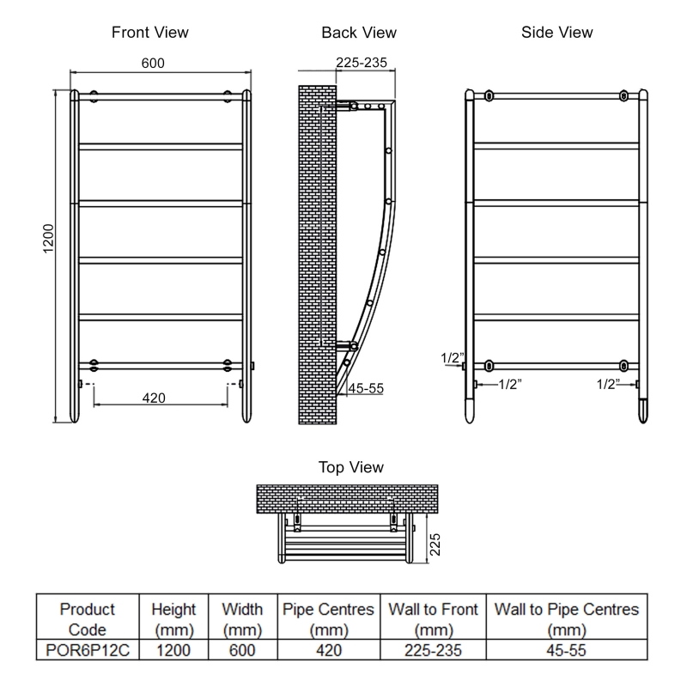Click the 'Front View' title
tap(150, 33)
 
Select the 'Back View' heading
tap(359, 33)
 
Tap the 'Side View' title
tap(556, 33)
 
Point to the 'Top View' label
tap(351, 467)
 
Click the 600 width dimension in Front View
tap(152, 64)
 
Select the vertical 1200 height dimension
tap(48, 239)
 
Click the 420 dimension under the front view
tap(154, 398)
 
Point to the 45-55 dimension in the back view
tap(366, 388)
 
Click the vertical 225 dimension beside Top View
tap(435, 544)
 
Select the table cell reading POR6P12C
tap(87, 650)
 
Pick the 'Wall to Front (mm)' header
tap(433, 619)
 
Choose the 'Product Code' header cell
tap(87, 619)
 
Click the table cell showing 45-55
tap(567, 650)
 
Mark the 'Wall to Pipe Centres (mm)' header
tap(567, 619)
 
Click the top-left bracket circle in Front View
tap(94, 95)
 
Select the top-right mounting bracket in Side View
tap(624, 95)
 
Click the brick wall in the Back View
tap(315, 258)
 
